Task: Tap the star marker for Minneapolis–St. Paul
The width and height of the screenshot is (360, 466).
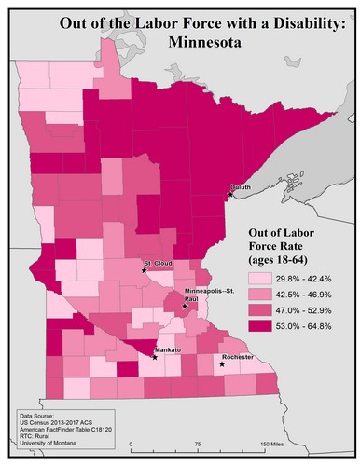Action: point(185,306)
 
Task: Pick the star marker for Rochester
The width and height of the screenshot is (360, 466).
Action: point(222,364)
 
